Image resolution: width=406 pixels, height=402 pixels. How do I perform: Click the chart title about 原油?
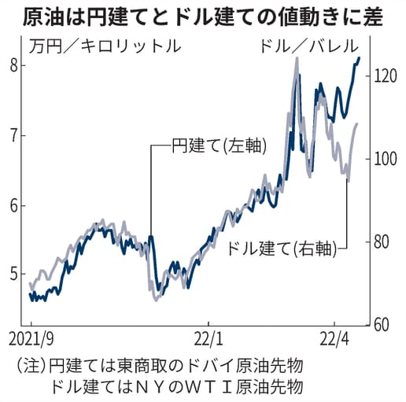click(203, 16)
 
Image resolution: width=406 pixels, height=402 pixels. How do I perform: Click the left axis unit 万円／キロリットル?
click(105, 46)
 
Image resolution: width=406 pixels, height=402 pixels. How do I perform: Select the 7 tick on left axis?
click(14, 135)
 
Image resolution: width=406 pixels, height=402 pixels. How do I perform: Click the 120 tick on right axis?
click(382, 76)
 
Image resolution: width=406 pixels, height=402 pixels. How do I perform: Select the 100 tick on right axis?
click(382, 159)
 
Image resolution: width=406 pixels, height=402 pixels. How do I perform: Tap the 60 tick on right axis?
click(379, 324)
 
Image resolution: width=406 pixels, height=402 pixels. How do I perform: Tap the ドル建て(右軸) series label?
click(281, 250)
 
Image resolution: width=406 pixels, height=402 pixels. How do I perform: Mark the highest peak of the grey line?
click(297, 57)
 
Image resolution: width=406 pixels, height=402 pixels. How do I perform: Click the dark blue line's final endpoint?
click(360, 57)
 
